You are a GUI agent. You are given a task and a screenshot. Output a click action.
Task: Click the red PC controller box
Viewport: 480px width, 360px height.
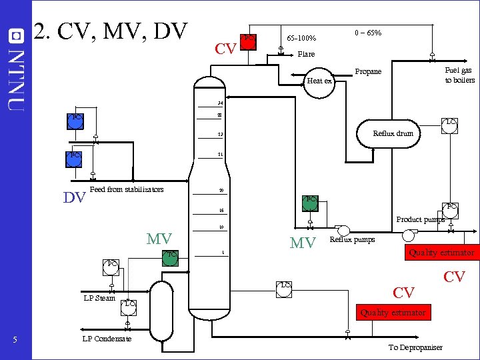(x=248, y=39)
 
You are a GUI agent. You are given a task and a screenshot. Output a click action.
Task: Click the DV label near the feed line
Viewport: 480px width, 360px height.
(x=73, y=197)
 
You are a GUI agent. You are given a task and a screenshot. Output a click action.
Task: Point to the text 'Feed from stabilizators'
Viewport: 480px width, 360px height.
(x=126, y=190)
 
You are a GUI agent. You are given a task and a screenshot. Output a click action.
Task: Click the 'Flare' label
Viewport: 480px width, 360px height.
(x=306, y=54)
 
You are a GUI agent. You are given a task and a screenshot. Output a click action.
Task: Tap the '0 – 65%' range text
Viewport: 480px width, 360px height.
(x=367, y=33)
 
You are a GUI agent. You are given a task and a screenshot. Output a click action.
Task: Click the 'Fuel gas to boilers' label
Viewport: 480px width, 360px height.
(x=459, y=75)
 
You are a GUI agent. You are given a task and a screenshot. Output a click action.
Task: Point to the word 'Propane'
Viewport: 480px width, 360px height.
(x=368, y=72)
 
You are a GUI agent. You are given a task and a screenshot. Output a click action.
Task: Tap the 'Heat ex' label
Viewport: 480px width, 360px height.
(x=319, y=81)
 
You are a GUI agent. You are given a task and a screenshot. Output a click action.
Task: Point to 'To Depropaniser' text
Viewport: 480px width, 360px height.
(x=415, y=348)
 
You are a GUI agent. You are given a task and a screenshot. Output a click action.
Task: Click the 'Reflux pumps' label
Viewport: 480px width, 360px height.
(x=352, y=239)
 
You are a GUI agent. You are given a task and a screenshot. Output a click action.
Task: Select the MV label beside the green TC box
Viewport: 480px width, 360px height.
(x=159, y=239)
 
